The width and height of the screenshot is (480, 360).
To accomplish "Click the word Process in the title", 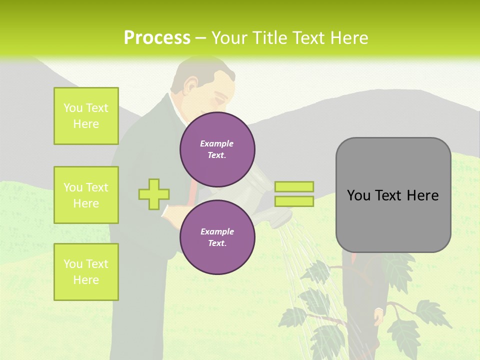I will click(157, 38).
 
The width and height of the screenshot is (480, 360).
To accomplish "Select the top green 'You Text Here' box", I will click(86, 116).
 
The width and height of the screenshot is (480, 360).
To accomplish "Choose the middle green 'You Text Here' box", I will click(86, 195).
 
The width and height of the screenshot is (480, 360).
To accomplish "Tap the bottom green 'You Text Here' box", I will click(86, 271).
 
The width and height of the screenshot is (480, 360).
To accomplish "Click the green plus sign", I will click(154, 194).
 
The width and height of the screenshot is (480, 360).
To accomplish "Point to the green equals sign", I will click(294, 194).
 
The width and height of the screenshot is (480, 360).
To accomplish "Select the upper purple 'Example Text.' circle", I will click(217, 149).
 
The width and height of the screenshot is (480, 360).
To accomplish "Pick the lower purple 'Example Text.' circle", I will click(217, 237).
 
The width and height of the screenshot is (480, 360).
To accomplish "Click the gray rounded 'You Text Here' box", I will click(393, 195).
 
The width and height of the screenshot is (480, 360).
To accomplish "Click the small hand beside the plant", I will click(379, 315).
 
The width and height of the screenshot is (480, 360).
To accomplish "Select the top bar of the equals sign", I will click(294, 187).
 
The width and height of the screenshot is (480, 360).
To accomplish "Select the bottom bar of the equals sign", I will click(294, 201).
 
